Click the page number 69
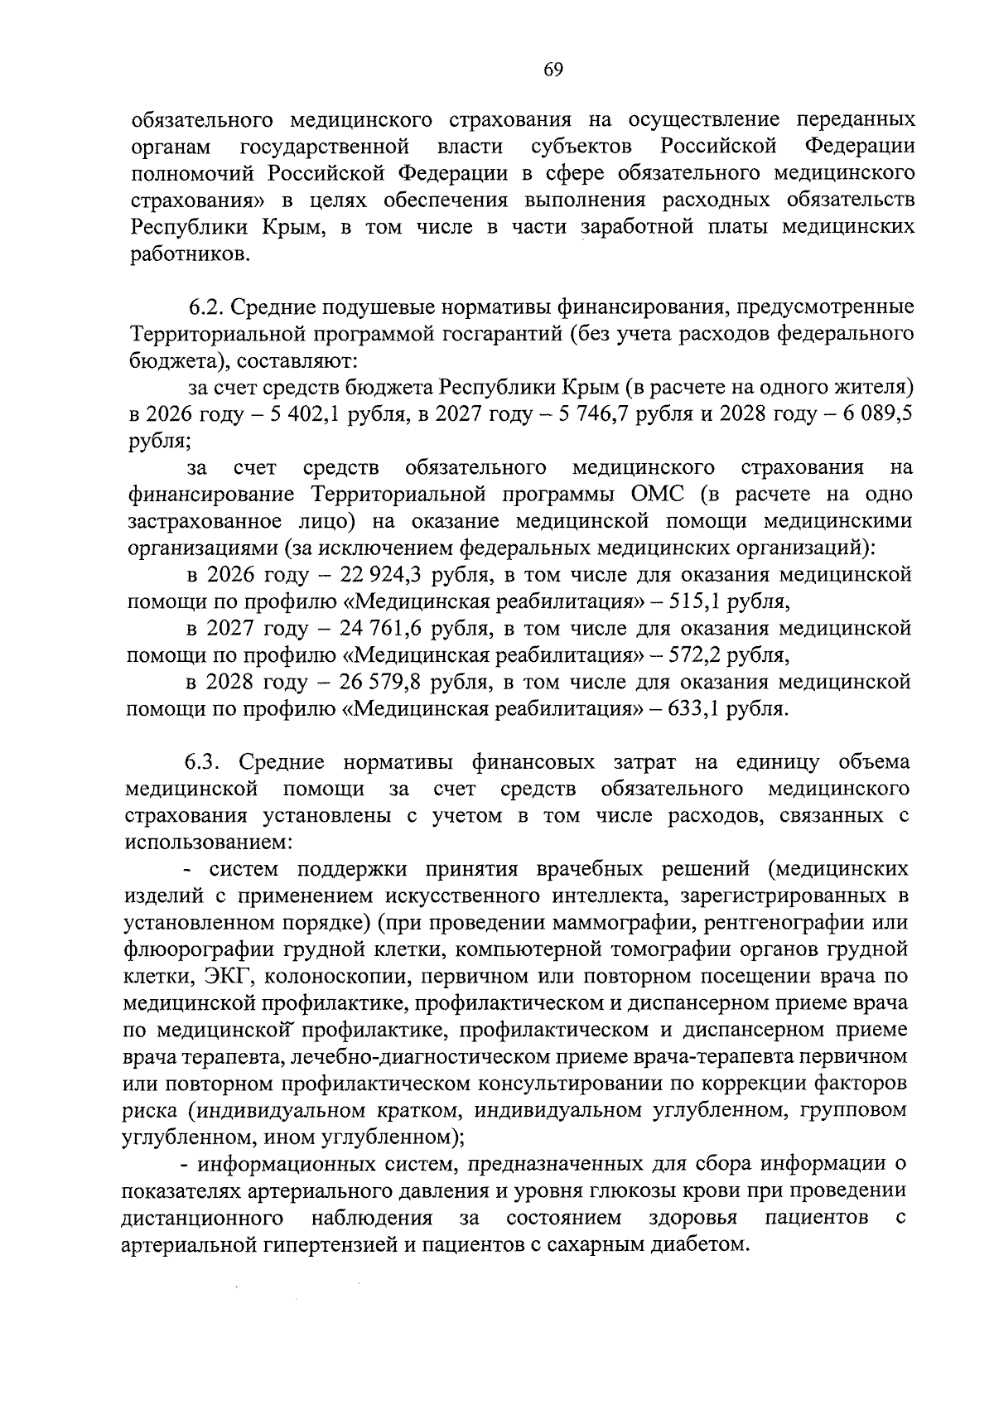[553, 70]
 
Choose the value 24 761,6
[383, 628]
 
